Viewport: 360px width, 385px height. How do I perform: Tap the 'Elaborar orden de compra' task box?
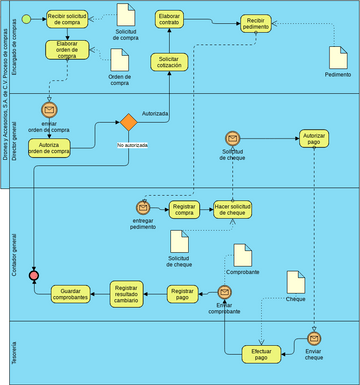[x=67, y=52]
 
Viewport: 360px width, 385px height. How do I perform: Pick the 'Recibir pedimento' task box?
[x=257, y=23]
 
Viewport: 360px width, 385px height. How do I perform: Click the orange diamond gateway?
[x=128, y=124]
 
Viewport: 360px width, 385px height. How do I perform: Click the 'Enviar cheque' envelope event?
[x=315, y=337]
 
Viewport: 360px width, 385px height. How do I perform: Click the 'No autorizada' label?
[x=133, y=146]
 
